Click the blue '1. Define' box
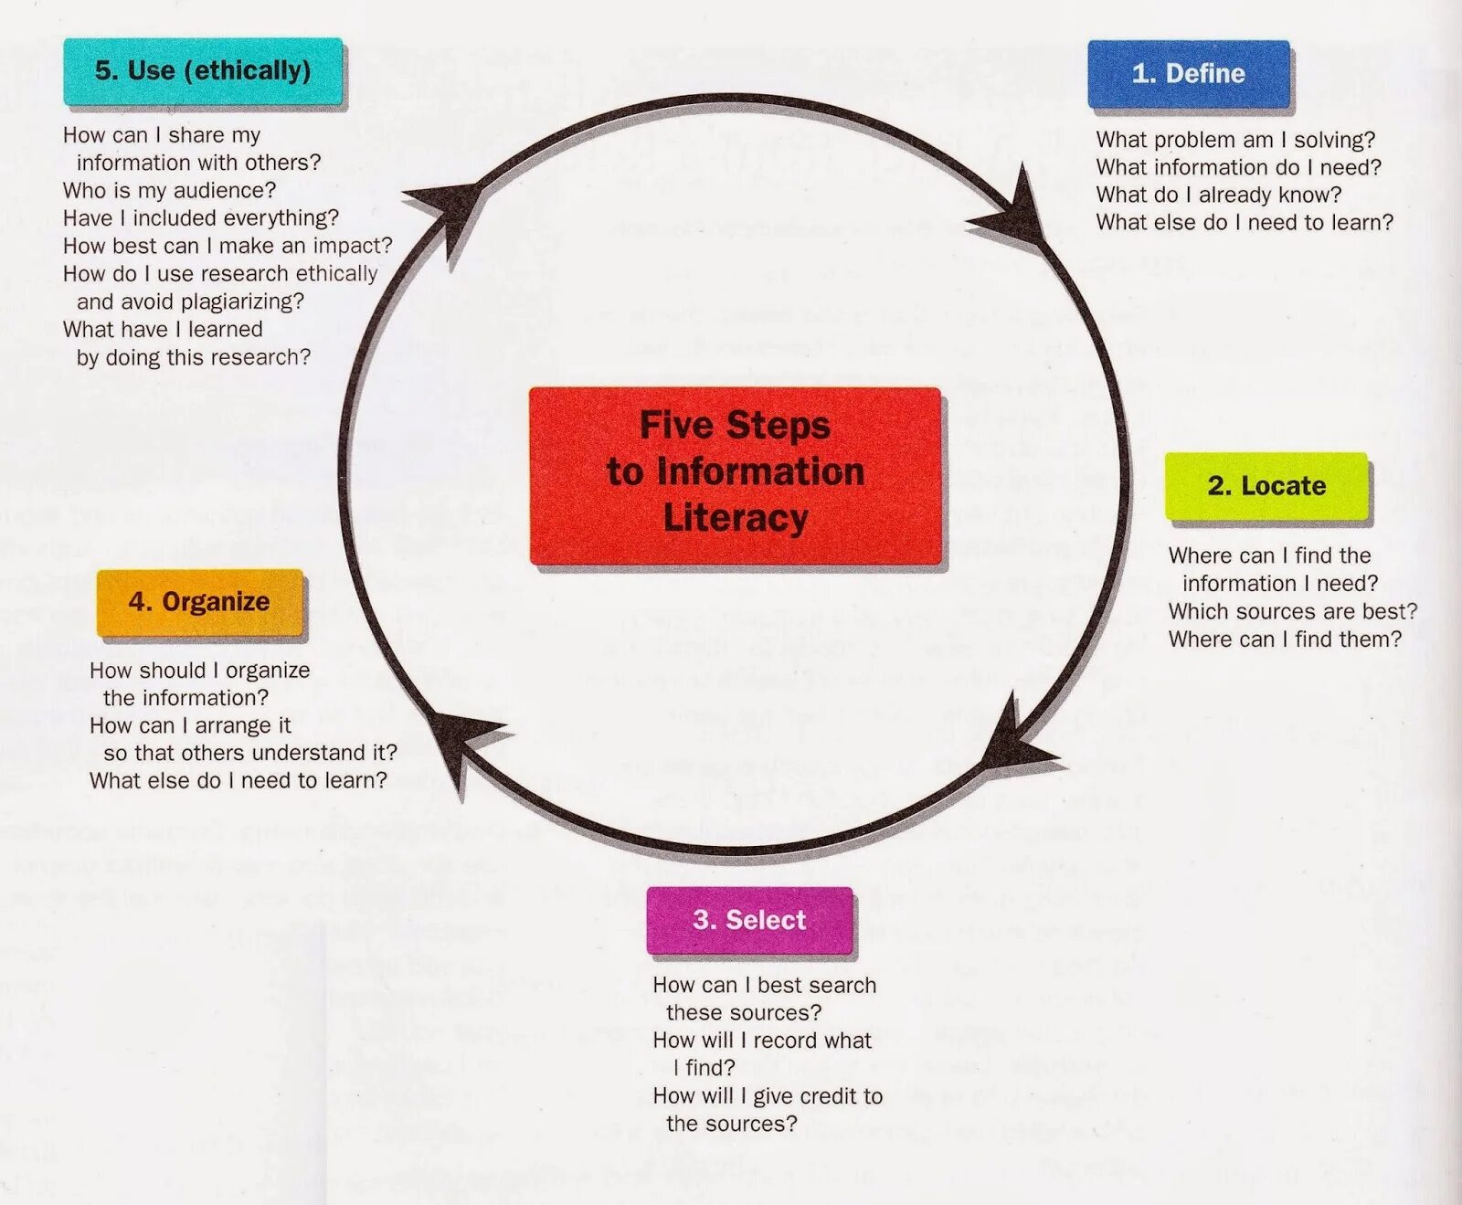coord(1188,73)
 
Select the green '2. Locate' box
coord(1266,485)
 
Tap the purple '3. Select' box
coord(749,919)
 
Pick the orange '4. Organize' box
coord(199,601)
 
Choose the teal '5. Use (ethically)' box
coord(203,70)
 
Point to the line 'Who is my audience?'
coord(169,190)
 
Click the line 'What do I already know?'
coord(1218,195)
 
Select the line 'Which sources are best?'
coord(1292,611)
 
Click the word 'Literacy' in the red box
coord(736,518)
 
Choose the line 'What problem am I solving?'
coord(1234,140)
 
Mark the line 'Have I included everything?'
coord(200,218)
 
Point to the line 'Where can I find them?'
coord(1284,639)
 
